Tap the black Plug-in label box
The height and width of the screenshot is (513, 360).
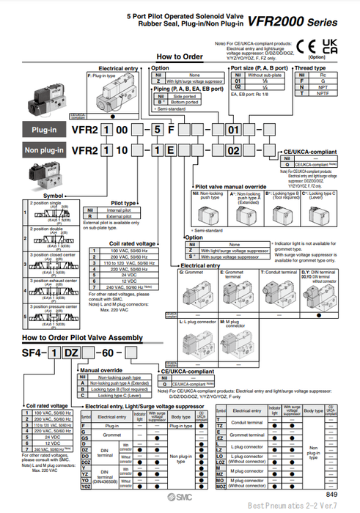(45, 129)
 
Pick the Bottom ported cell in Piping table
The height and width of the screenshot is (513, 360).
(191, 103)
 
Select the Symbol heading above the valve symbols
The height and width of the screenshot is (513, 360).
(34, 196)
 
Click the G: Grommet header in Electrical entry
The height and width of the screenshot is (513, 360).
(213, 272)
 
